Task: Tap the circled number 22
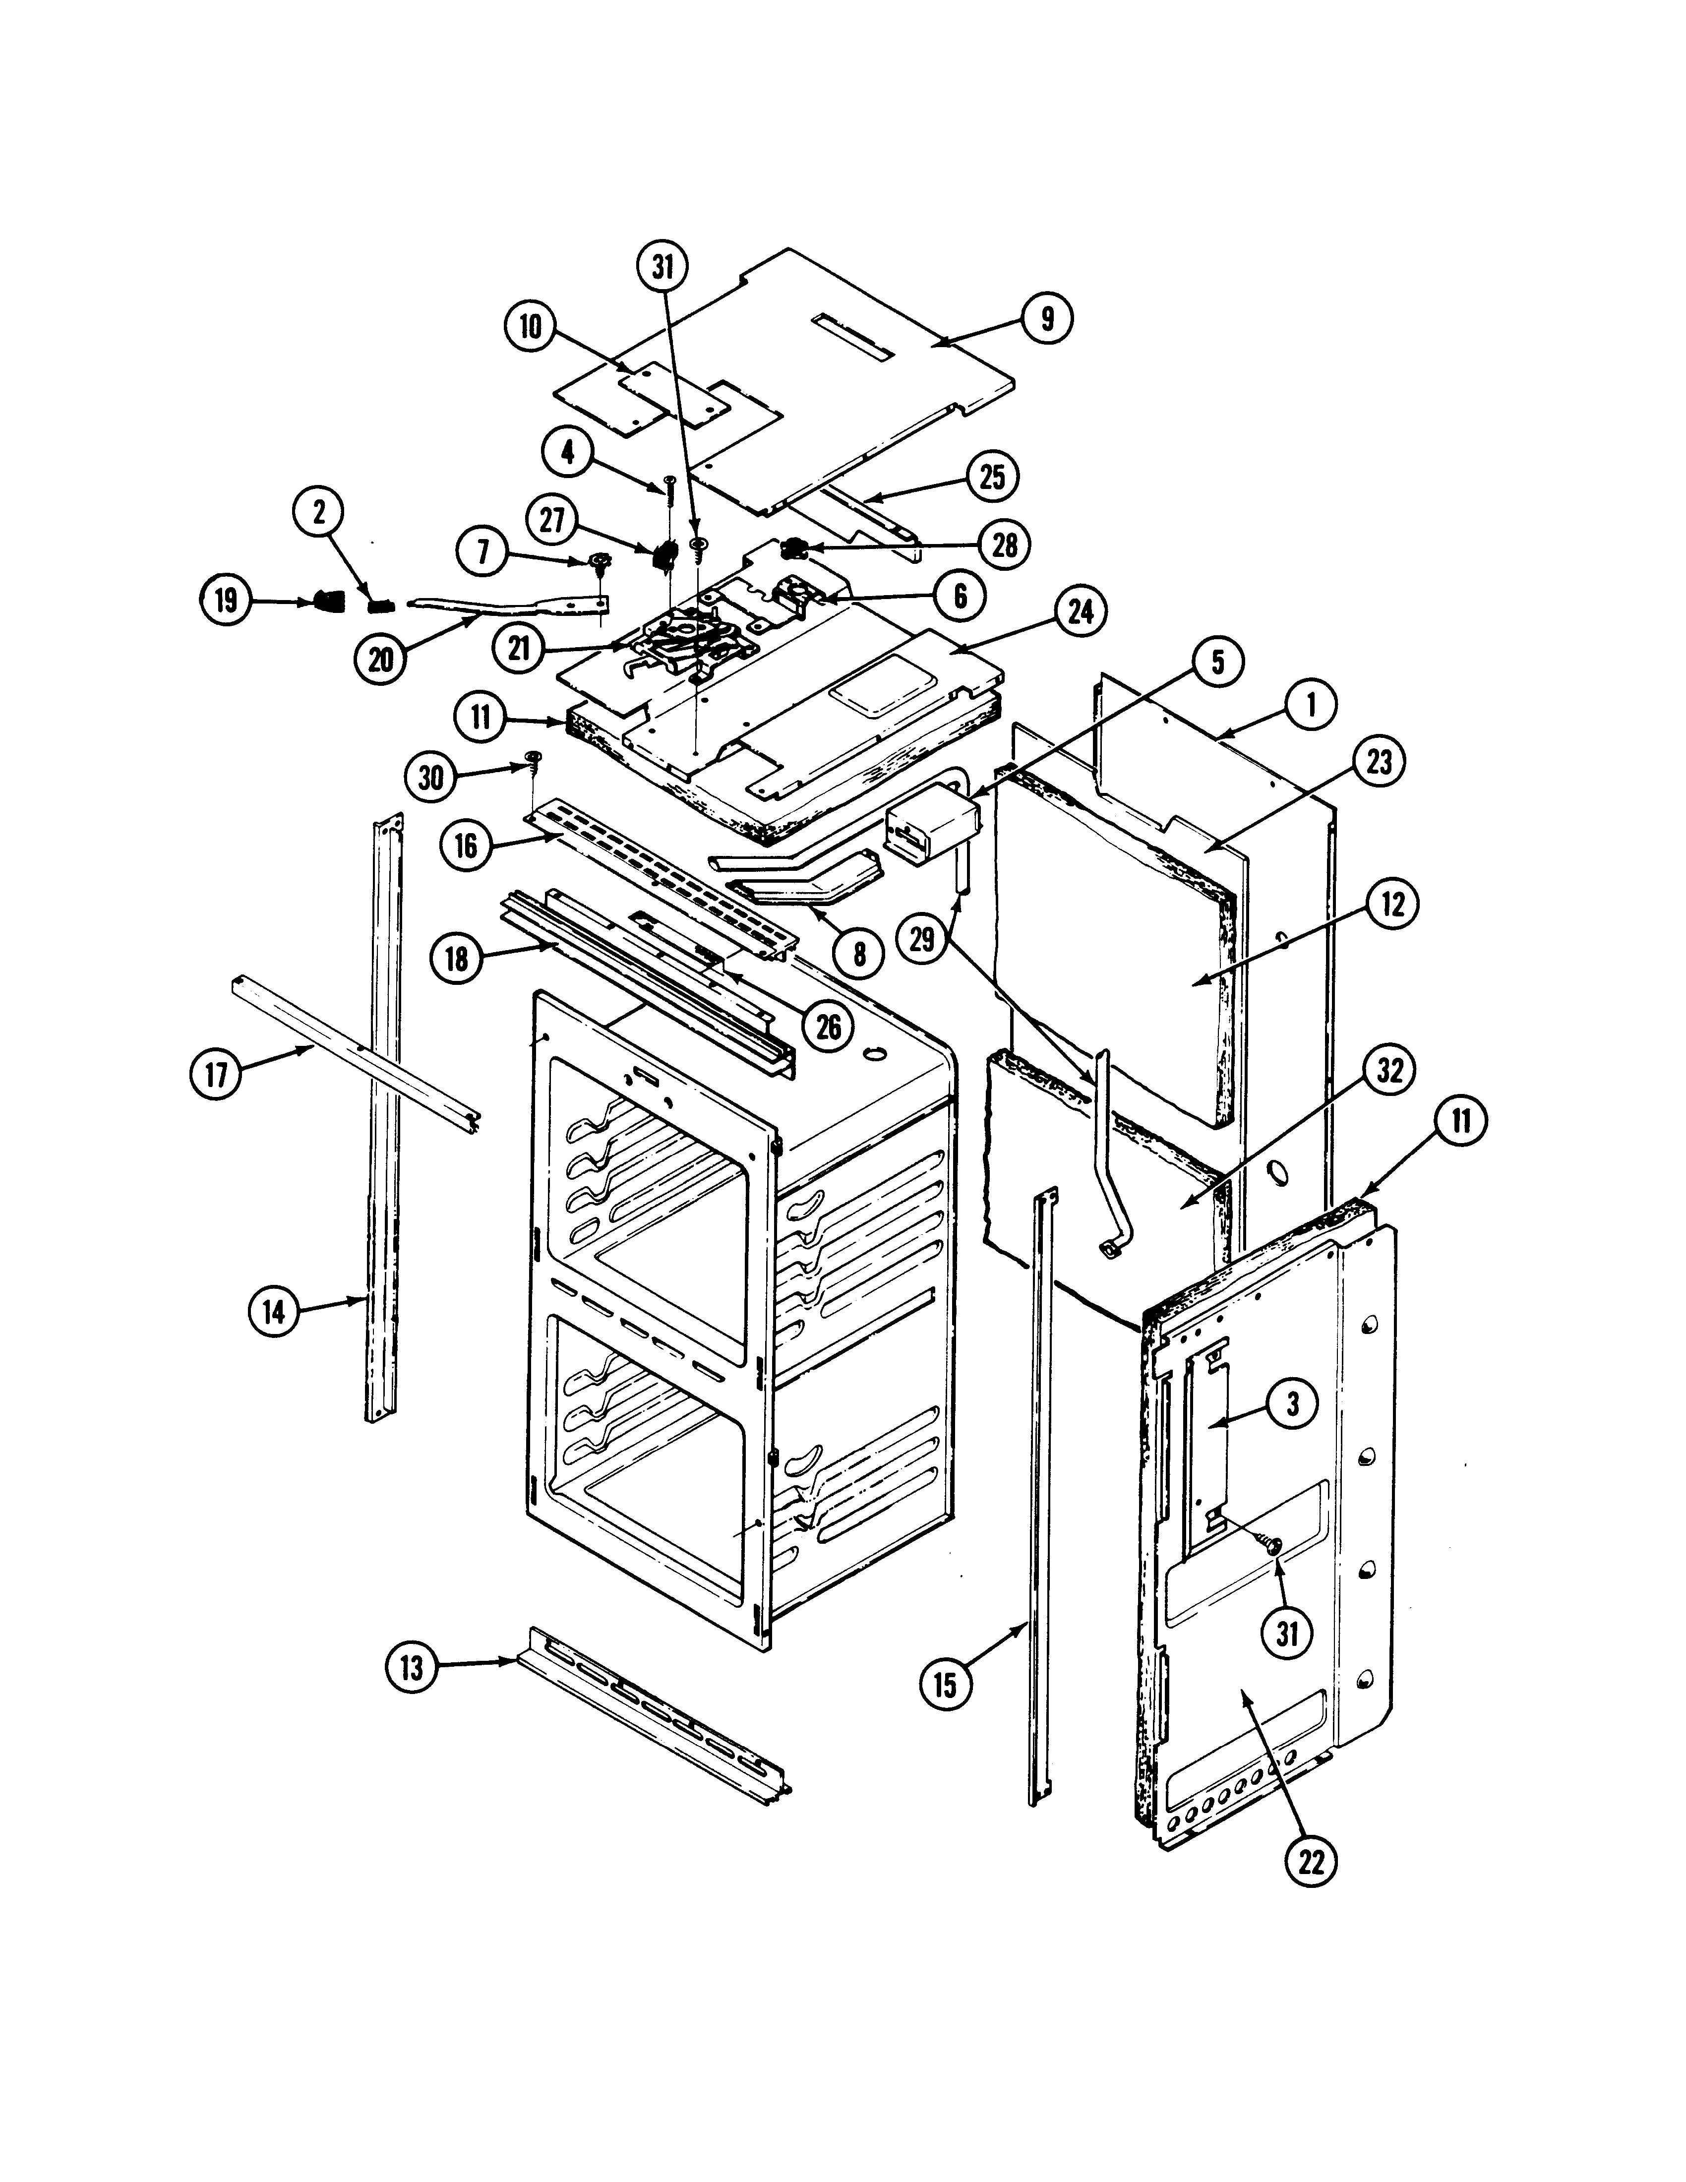[x=1311, y=1860]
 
